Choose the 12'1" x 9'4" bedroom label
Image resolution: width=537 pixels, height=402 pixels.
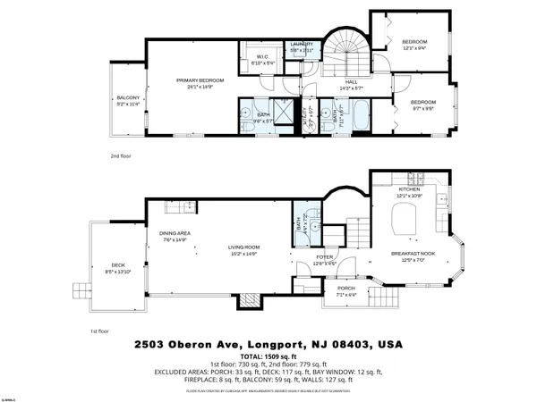(413, 43)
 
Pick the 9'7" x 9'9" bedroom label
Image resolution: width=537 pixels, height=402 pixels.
(422, 102)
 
